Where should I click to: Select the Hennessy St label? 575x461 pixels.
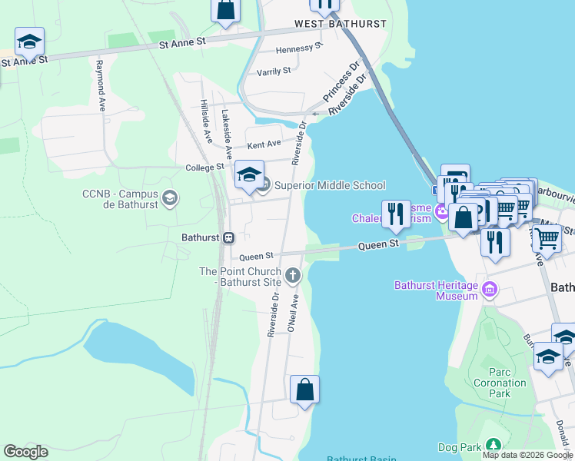pyautogui.click(x=294, y=48)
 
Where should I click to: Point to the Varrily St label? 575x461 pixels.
pyautogui.click(x=274, y=71)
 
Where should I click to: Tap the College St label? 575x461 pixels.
pyautogui.click(x=204, y=167)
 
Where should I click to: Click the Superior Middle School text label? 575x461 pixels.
pyautogui.click(x=330, y=185)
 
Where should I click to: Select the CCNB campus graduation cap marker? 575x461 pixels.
pyautogui.click(x=170, y=200)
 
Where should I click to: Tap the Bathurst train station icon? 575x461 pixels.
pyautogui.click(x=229, y=237)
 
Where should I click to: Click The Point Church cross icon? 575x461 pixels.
pyautogui.click(x=292, y=274)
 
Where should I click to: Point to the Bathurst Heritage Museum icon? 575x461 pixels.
pyautogui.click(x=490, y=290)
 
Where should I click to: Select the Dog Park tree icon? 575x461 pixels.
pyautogui.click(x=492, y=446)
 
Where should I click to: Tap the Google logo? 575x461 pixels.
pyautogui.click(x=25, y=452)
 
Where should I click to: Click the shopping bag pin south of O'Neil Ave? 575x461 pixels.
pyautogui.click(x=305, y=389)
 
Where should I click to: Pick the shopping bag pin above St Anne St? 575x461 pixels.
pyautogui.click(x=226, y=11)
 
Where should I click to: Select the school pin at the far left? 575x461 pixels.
pyautogui.click(x=29, y=41)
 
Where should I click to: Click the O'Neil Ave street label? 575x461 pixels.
pyautogui.click(x=293, y=313)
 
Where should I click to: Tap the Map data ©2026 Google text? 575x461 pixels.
pyautogui.click(x=527, y=455)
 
